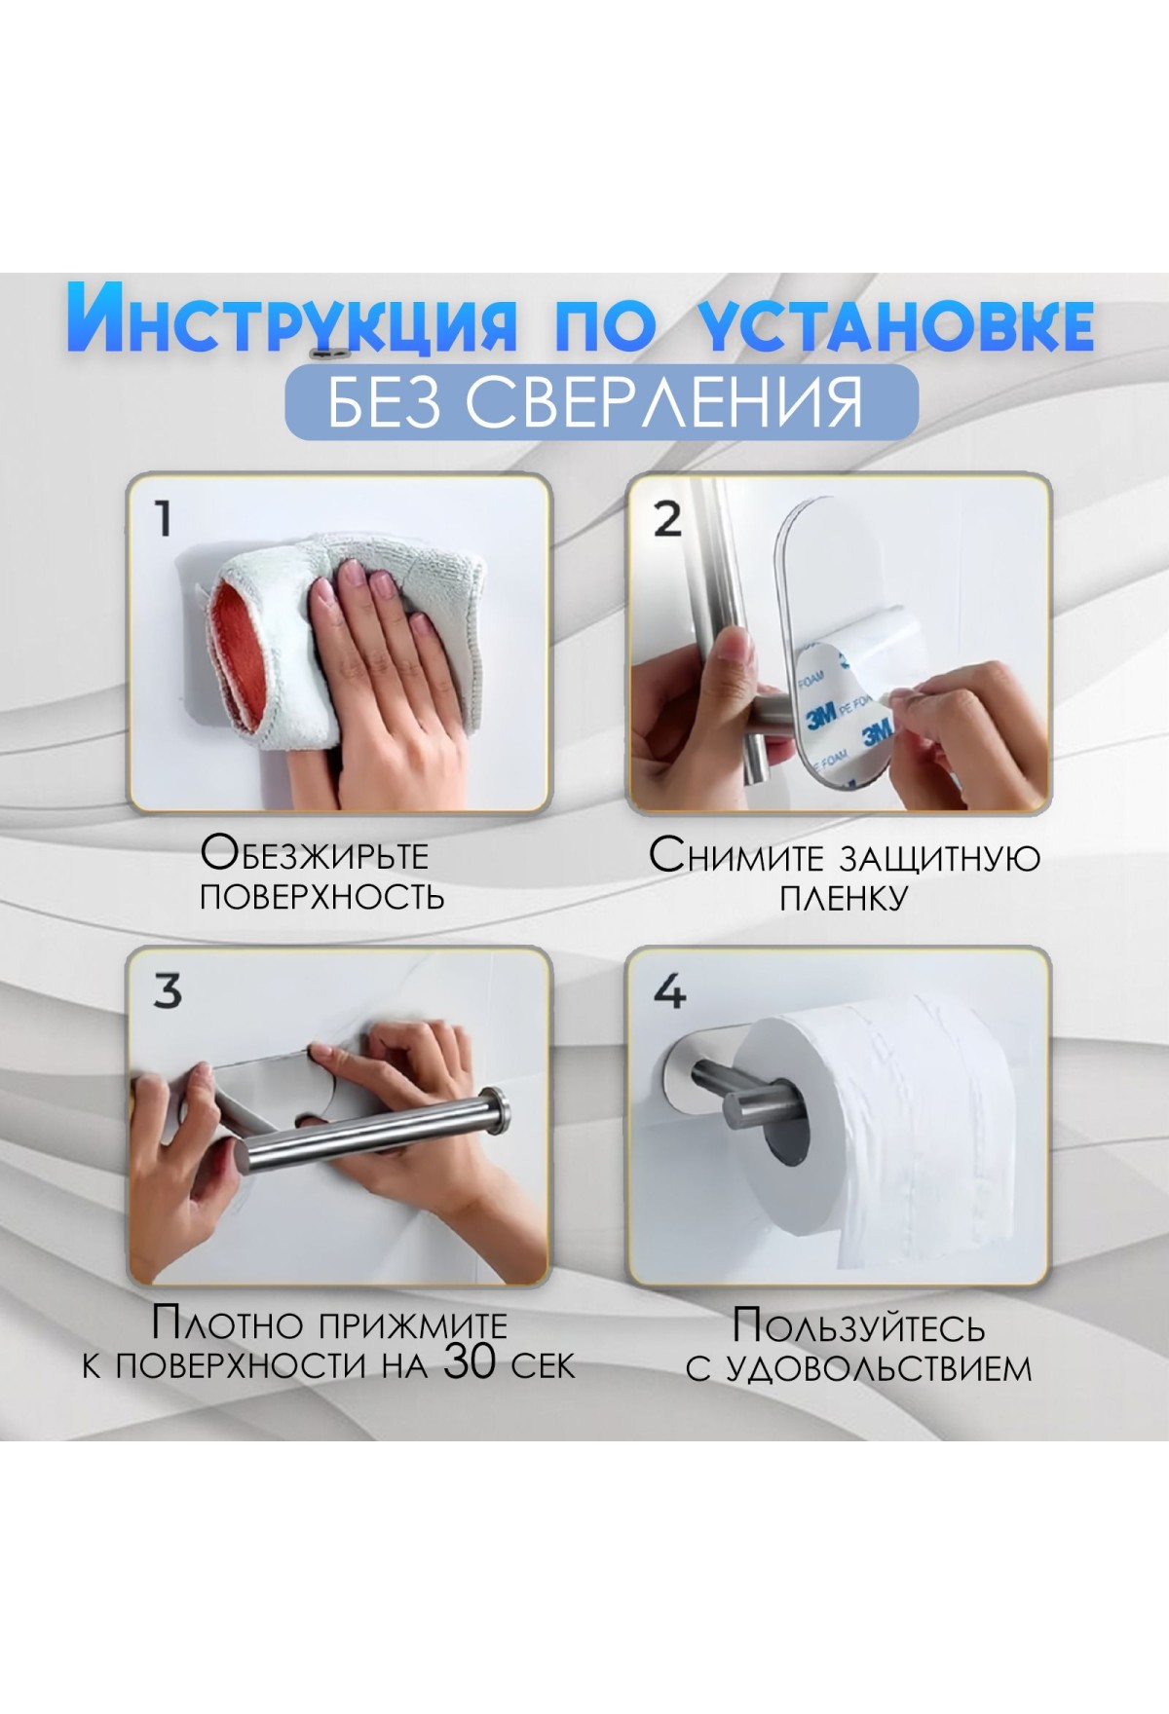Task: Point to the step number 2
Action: pos(667,519)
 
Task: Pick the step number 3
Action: pos(168,991)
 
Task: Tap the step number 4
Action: pos(669,991)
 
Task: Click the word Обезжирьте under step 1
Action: pos(315,854)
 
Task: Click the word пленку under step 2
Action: pos(844,897)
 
